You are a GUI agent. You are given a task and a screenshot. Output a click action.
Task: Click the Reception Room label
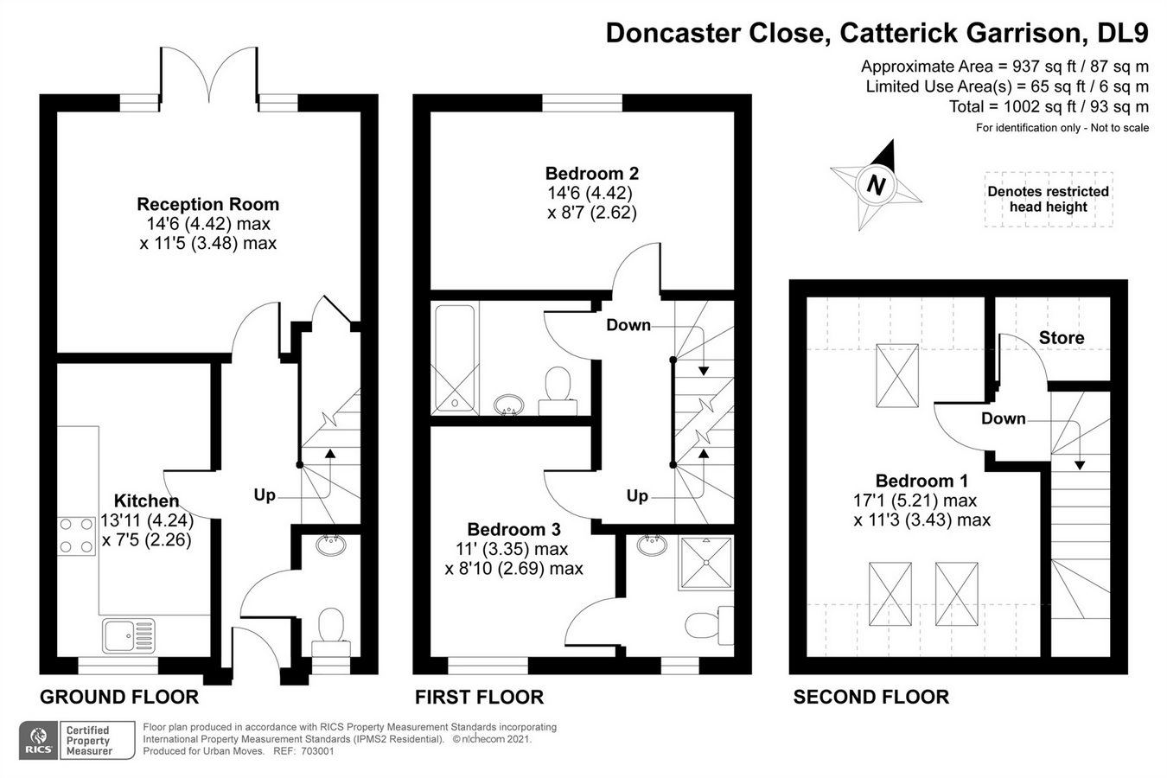(x=207, y=205)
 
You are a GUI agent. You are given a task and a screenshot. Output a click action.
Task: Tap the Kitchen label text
(x=147, y=501)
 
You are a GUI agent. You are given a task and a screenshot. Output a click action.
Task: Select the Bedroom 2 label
(x=591, y=174)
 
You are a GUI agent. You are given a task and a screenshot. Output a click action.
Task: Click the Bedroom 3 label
(x=513, y=529)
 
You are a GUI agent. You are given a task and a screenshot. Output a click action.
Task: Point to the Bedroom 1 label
(x=921, y=481)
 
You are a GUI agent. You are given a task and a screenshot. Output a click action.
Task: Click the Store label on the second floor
(x=1061, y=338)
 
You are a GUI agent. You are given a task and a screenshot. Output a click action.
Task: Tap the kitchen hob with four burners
(x=76, y=535)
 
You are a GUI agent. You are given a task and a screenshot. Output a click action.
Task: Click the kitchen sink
(x=129, y=636)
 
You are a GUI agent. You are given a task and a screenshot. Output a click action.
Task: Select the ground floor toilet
(x=330, y=629)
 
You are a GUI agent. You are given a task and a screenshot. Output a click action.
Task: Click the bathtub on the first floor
(x=455, y=358)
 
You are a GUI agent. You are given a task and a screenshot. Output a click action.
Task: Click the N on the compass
(x=876, y=185)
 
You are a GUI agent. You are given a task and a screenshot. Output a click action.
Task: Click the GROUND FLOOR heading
(x=119, y=697)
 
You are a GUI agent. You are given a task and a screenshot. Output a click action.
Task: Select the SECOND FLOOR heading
(x=870, y=697)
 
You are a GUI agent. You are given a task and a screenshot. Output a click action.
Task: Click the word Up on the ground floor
(x=265, y=495)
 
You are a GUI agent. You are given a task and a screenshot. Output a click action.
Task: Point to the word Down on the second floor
(x=1003, y=418)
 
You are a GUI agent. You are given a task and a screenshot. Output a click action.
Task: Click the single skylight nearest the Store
(x=896, y=375)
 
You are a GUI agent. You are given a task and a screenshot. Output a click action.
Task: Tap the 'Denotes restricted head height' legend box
(x=1048, y=200)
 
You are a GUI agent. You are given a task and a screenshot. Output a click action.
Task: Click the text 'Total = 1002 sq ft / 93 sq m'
(x=1049, y=107)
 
